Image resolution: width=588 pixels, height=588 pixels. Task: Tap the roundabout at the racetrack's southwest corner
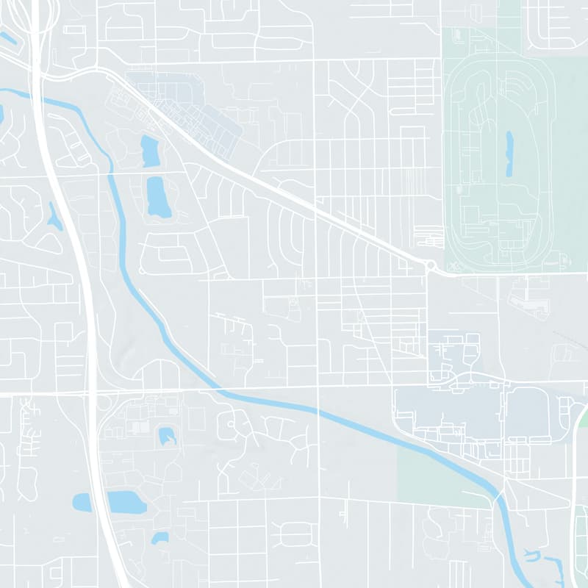click(x=431, y=265)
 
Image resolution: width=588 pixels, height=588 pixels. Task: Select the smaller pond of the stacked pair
click(x=150, y=151)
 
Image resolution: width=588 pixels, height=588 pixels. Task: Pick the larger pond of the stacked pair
click(x=158, y=196)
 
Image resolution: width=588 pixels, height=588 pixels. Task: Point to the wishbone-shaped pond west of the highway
click(x=54, y=217)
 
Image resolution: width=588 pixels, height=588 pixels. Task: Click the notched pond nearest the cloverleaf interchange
click(x=168, y=436)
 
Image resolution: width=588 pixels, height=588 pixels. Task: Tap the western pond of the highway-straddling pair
click(x=82, y=503)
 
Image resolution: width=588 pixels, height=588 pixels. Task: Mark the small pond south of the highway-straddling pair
click(x=159, y=539)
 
